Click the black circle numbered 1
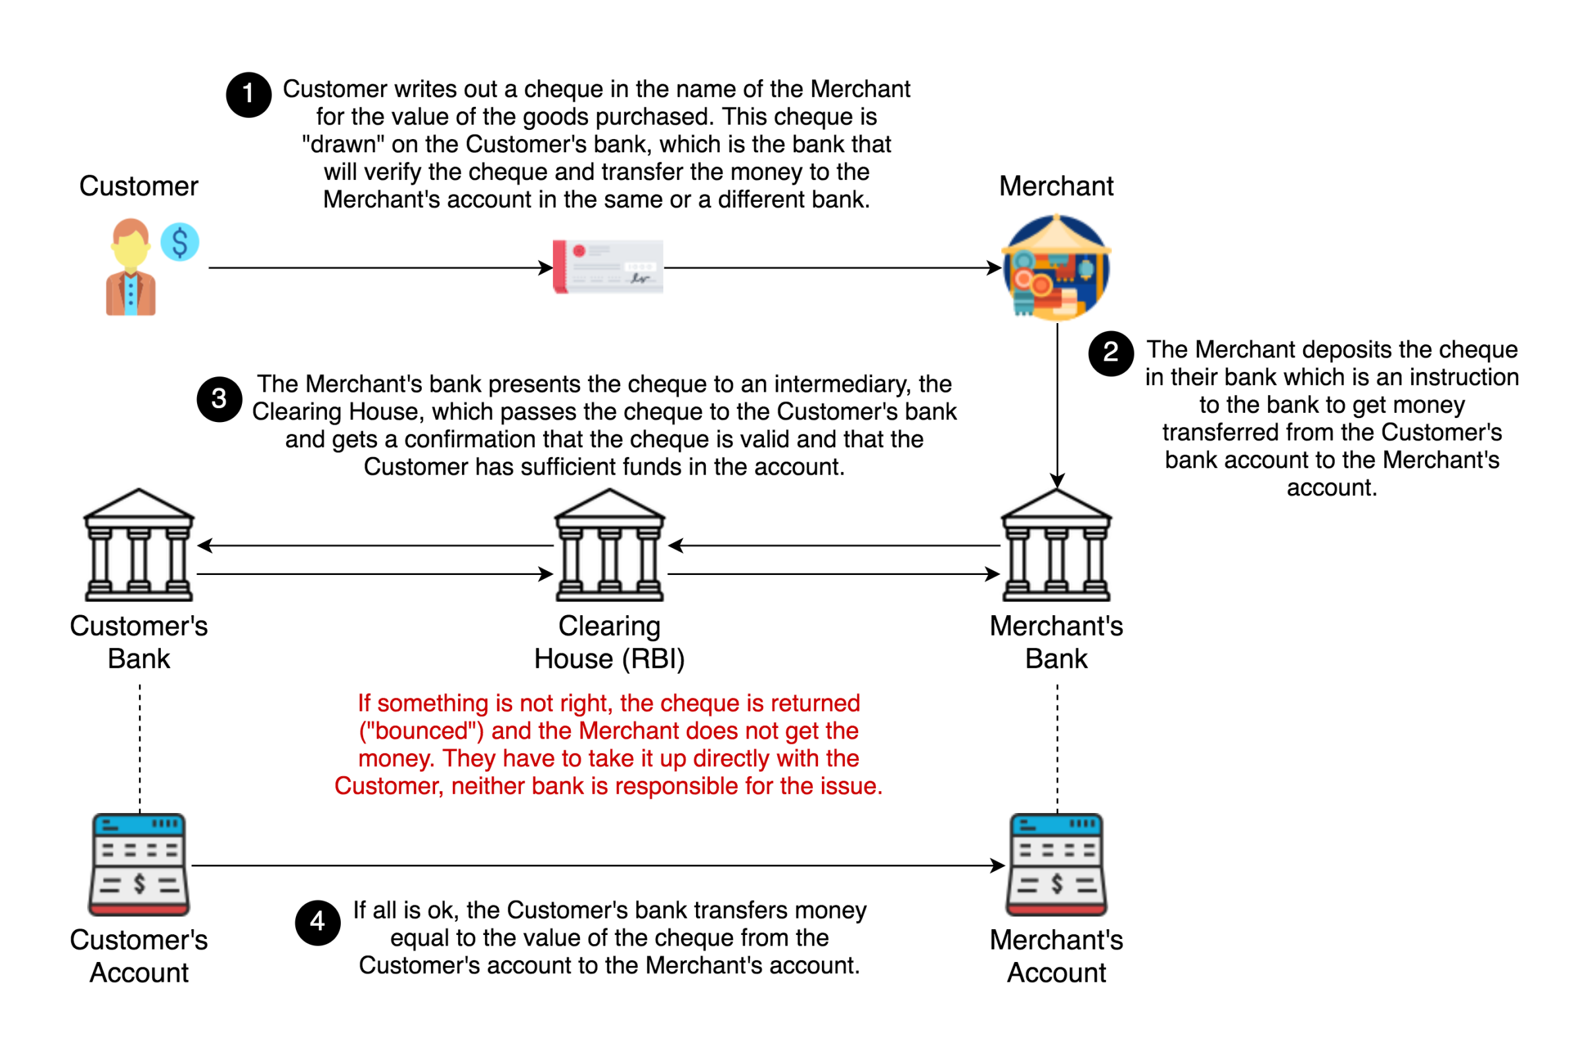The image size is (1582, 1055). pyautogui.click(x=249, y=95)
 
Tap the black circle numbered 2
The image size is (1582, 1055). pyautogui.click(x=1111, y=353)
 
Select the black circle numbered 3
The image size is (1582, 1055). pyautogui.click(x=220, y=399)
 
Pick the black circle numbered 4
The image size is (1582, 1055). pyautogui.click(x=318, y=922)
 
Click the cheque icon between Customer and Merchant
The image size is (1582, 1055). pyautogui.click(x=608, y=267)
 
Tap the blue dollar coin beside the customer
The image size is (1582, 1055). pyautogui.click(x=179, y=242)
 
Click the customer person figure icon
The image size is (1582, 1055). pyautogui.click(x=131, y=268)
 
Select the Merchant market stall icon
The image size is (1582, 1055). pyautogui.click(x=1056, y=267)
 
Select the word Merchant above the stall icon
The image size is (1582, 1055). pyautogui.click(x=1056, y=186)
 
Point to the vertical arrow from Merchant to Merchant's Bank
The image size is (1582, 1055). pyautogui.click(x=1057, y=404)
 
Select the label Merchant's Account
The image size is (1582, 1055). pyautogui.click(x=1056, y=956)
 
